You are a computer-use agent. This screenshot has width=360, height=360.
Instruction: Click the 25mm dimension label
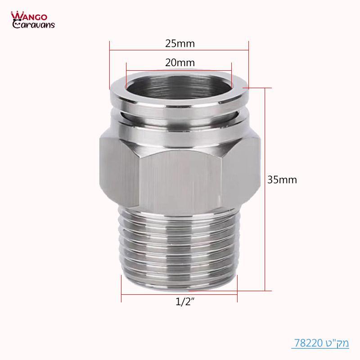pos(179,44)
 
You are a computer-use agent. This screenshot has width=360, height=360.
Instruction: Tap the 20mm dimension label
pos(180,63)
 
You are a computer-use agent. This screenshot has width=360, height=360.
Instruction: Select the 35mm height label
pos(282,180)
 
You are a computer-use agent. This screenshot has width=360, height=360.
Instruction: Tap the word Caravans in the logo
pos(34,25)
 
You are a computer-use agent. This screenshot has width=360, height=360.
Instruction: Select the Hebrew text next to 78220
pos(336,343)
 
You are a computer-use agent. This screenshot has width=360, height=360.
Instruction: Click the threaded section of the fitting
pos(179,243)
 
